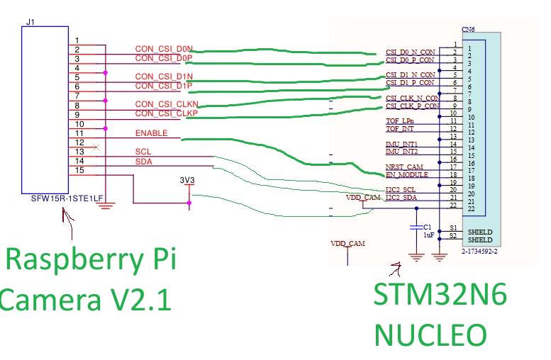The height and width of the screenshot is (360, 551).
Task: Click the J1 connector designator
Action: pyautogui.click(x=30, y=22)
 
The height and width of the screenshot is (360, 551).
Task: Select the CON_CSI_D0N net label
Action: pyautogui.click(x=164, y=49)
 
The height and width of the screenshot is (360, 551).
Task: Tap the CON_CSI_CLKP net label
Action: pyautogui.click(x=166, y=113)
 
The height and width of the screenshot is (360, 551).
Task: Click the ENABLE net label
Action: pyautogui.click(x=152, y=133)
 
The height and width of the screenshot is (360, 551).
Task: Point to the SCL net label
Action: pyautogui.click(x=143, y=152)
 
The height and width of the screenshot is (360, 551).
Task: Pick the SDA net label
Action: pyautogui.click(x=144, y=162)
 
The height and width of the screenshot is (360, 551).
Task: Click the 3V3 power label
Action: pyautogui.click(x=187, y=180)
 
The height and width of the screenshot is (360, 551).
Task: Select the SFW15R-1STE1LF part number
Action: pyautogui.click(x=67, y=198)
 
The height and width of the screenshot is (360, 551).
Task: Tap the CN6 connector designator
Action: pyautogui.click(x=468, y=29)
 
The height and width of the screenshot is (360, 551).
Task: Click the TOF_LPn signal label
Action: pyautogui.click(x=400, y=120)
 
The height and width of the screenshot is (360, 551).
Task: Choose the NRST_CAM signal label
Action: pyautogui.click(x=404, y=167)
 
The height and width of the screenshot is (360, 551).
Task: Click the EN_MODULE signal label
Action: pyautogui.click(x=407, y=174)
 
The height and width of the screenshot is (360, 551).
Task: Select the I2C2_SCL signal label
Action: pyautogui.click(x=401, y=190)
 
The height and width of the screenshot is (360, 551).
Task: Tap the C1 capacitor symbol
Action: pyautogui.click(x=416, y=227)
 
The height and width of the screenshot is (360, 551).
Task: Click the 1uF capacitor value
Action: pyautogui.click(x=429, y=235)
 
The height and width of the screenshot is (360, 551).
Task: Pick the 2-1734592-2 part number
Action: pyautogui.click(x=479, y=252)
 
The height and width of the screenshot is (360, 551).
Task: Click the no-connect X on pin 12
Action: pyautogui.click(x=96, y=147)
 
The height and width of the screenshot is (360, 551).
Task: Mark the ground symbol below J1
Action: pyautogui.click(x=106, y=206)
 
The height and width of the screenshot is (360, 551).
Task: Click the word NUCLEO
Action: pyautogui.click(x=430, y=334)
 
